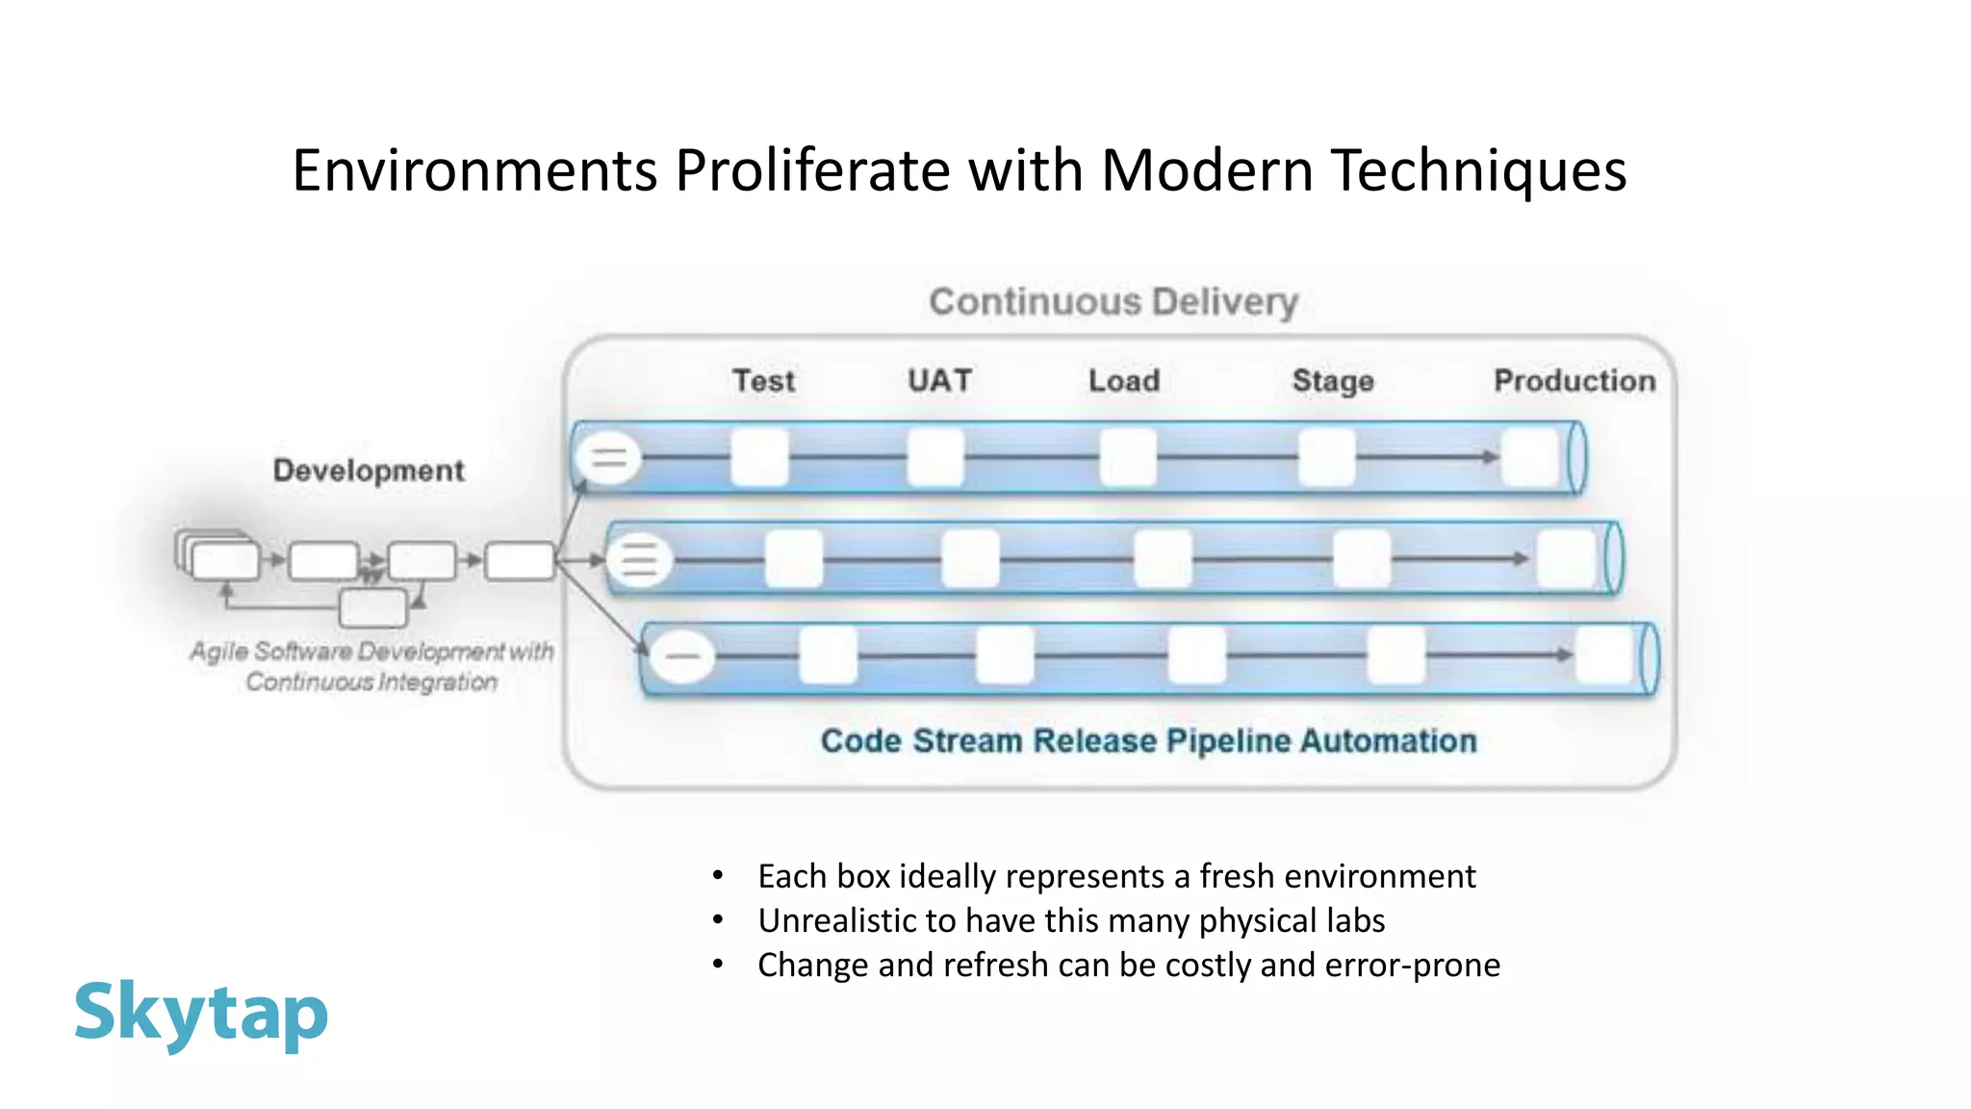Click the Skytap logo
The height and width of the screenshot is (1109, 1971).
point(201,1013)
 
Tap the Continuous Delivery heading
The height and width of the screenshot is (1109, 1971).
point(1113,302)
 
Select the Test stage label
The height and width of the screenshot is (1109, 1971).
point(763,381)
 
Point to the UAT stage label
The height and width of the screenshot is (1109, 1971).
point(939,380)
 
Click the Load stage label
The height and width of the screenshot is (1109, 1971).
point(1123,380)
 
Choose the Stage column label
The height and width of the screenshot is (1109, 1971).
point(1332,381)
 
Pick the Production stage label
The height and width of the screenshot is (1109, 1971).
point(1574,380)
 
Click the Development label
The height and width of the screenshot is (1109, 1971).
point(369,470)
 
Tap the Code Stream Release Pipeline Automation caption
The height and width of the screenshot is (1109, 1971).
point(1148,741)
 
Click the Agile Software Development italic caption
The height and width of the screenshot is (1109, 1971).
point(371,666)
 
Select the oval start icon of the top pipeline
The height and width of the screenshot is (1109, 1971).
point(608,457)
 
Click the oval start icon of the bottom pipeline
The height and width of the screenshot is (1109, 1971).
point(682,657)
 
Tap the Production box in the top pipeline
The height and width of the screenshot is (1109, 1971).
point(1530,457)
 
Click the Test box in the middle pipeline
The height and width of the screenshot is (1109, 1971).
point(794,558)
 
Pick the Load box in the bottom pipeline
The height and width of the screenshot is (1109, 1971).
point(1196,656)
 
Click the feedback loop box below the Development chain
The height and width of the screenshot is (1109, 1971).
point(373,608)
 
